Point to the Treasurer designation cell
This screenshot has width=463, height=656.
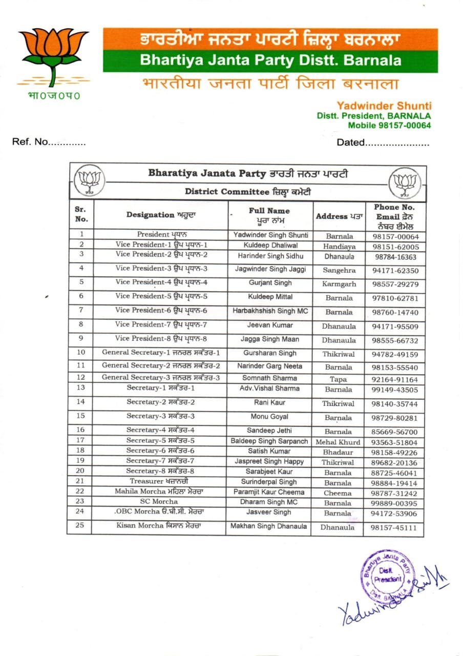tap(159, 482)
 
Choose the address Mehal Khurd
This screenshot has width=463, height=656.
tap(338, 442)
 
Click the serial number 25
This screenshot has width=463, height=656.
tap(80, 526)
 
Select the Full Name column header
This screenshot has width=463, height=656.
tap(269, 215)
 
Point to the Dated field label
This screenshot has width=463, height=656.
tap(351, 142)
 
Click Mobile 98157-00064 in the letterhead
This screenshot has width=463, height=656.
tap(389, 125)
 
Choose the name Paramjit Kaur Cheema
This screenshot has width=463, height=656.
tap(269, 493)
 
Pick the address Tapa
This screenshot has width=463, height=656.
tap(338, 380)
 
